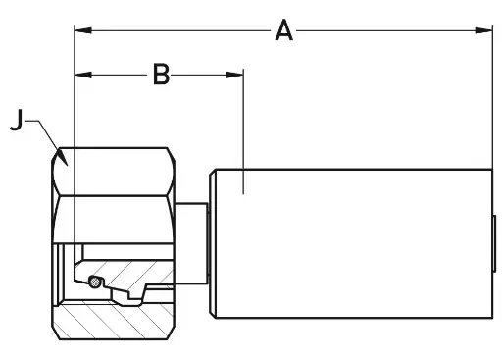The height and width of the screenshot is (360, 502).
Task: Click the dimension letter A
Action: pos(283,30)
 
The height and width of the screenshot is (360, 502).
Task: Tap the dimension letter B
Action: pos(161,74)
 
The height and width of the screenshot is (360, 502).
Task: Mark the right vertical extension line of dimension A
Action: pos(492,98)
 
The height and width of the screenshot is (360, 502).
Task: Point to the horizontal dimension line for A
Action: pos(392,30)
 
